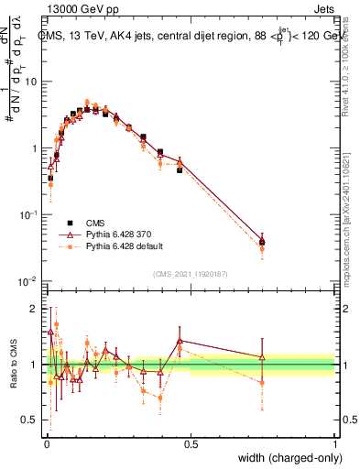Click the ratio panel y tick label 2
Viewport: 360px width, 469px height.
point(37,308)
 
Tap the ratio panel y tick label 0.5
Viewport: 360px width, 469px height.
point(32,420)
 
